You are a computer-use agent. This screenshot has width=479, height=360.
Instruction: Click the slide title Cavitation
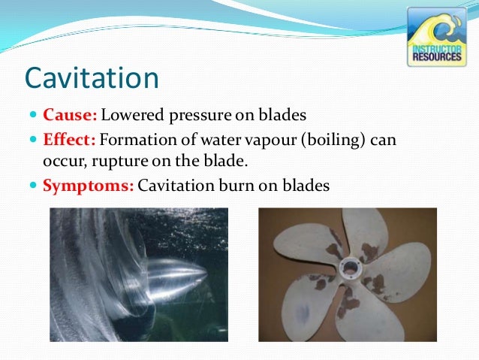point(92,77)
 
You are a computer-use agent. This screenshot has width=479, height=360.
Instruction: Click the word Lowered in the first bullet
point(129,116)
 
